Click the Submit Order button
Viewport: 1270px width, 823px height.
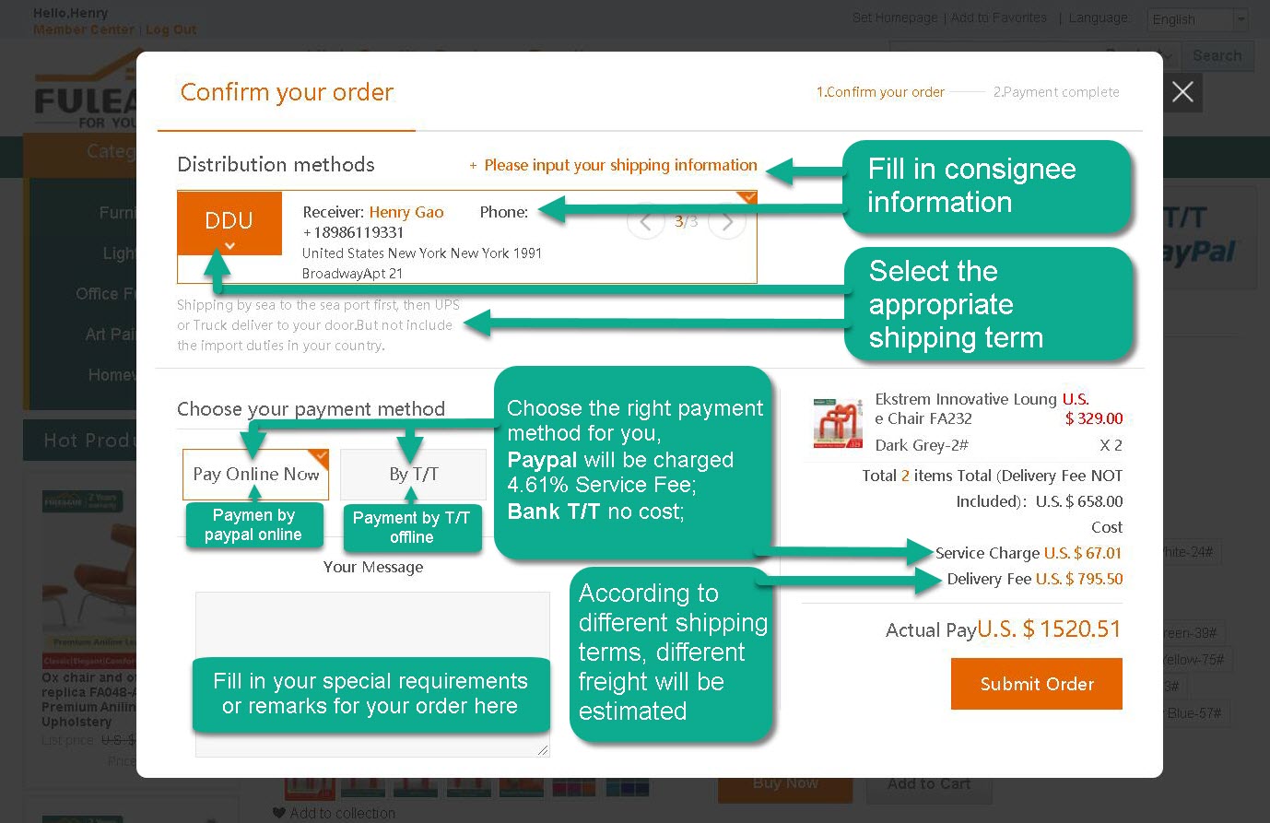(1036, 684)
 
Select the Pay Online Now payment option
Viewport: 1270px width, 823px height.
(255, 474)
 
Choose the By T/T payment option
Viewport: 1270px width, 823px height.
(413, 474)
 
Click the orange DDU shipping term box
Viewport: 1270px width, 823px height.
(229, 222)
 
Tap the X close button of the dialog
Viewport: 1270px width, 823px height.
(1182, 92)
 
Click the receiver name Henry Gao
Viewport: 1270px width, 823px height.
(406, 212)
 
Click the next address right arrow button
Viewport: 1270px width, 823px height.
(727, 222)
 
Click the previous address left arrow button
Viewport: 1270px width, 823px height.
(646, 222)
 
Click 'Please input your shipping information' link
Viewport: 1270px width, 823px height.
(620, 165)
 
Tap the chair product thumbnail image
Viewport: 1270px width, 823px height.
(837, 423)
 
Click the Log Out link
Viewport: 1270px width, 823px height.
(171, 29)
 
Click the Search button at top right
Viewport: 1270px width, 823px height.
(1217, 55)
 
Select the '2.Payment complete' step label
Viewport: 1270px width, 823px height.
(1056, 92)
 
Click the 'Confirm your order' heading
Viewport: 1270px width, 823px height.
(287, 92)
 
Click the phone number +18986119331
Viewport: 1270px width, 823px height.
(353, 232)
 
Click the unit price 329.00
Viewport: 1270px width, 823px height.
(1094, 418)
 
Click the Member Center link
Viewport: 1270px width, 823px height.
(84, 29)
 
